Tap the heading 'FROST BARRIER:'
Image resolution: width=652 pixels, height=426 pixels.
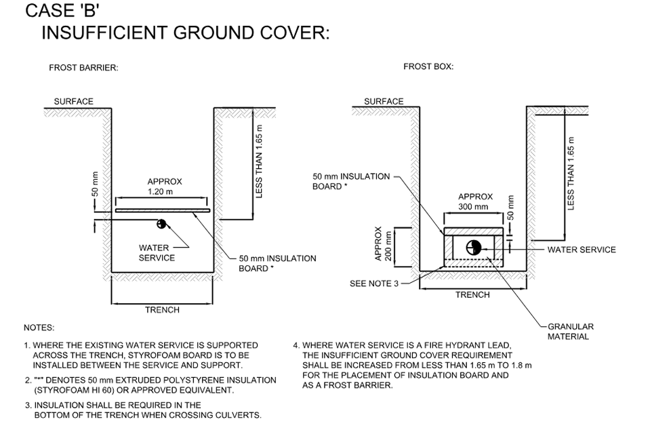click(83, 68)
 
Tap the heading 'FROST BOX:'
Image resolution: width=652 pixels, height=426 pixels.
click(428, 66)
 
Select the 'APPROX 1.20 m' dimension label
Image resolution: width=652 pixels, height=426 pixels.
click(165, 187)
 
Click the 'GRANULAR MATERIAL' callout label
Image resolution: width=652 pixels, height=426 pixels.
click(571, 332)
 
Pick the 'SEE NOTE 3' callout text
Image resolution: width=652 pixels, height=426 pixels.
click(374, 284)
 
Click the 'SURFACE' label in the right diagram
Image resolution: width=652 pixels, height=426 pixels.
click(384, 102)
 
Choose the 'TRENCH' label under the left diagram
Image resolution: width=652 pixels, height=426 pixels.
click(163, 310)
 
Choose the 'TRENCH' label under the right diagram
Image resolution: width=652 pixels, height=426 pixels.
click(472, 295)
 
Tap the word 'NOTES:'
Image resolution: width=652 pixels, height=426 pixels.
click(39, 328)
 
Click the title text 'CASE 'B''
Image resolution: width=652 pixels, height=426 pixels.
click(62, 12)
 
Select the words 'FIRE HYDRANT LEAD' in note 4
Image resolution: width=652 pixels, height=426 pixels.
click(464, 345)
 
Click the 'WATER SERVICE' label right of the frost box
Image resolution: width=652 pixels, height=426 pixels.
click(582, 250)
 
